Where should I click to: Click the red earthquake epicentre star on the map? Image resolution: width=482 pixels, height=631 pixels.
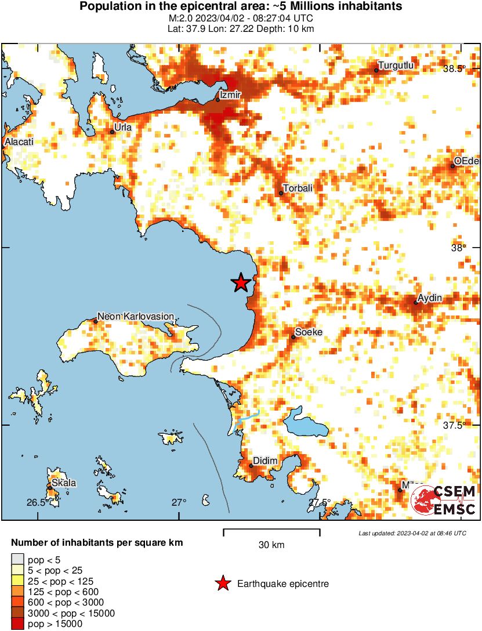241,283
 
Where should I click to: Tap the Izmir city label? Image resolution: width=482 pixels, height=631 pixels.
230,94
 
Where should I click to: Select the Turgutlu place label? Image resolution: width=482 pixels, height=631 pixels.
396,66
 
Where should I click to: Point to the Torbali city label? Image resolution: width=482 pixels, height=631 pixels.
297,188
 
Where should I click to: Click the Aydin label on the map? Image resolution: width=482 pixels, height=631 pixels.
430,298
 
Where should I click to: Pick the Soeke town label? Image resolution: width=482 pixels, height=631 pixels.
309,332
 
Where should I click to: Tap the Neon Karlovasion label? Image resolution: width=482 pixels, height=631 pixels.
135,316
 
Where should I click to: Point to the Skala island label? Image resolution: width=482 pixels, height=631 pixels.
63,483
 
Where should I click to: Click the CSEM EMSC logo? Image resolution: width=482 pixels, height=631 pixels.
444,500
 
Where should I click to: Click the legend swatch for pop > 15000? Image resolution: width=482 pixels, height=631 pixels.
18,624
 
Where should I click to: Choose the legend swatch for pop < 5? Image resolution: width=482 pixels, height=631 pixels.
18,559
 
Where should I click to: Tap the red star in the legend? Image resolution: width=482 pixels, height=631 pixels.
222,584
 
